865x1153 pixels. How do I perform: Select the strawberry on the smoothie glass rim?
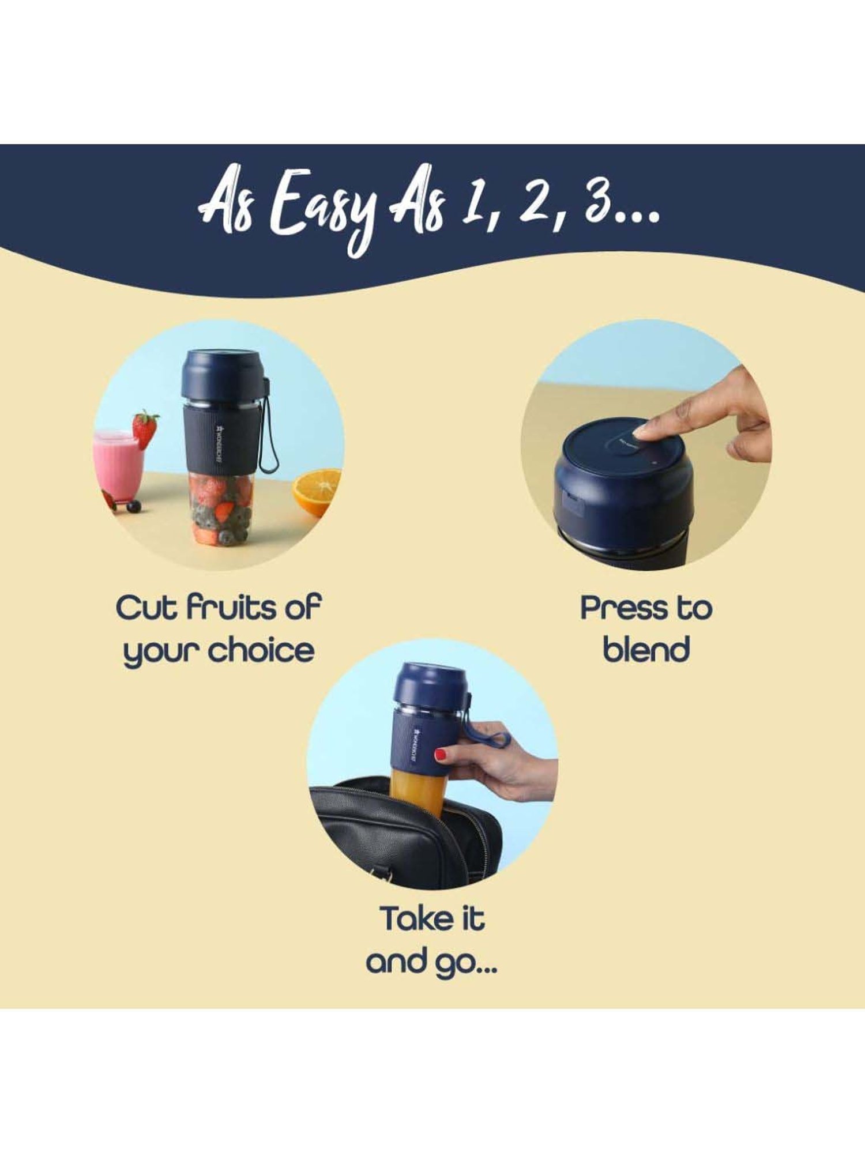click(145, 428)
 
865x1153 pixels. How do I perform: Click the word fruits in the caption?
click(228, 608)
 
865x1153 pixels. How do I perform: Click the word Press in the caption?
click(623, 608)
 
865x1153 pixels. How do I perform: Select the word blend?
click(646, 650)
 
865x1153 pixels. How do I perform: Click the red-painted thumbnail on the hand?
click(441, 754)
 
